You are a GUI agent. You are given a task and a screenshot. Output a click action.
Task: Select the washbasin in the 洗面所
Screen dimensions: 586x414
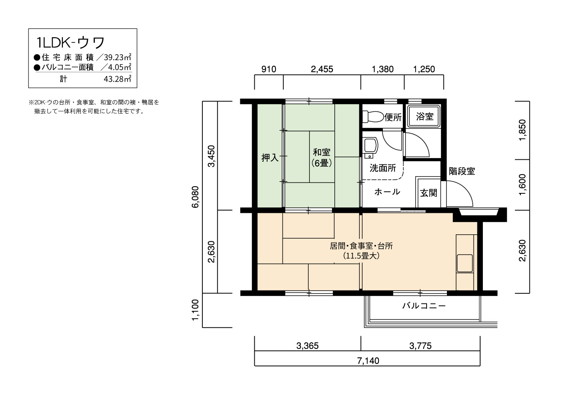pos(370,148)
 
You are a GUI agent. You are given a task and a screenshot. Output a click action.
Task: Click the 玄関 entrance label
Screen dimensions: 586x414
pos(429,193)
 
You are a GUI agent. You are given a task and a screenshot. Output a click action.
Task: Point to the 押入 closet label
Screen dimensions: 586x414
pos(270,158)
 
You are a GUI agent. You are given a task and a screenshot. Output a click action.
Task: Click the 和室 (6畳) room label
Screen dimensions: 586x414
pos(322,158)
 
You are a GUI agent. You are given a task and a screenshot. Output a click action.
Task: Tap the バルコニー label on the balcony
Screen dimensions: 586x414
pos(424,306)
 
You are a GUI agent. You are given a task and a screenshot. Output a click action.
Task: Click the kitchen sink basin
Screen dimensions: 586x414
pos(465,263)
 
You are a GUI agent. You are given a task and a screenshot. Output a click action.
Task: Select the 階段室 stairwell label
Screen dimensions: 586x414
pos(462,171)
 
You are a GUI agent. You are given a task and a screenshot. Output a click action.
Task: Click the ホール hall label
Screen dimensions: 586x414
pos(387,192)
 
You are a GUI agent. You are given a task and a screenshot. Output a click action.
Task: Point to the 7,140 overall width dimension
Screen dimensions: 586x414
pos(368,361)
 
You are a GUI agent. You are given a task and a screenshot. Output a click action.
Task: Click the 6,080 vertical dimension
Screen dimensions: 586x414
pos(196,197)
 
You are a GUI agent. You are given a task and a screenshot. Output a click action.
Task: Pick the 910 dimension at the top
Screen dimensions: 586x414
pos(269,69)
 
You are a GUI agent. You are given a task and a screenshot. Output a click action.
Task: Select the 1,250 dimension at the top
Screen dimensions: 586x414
pos(424,69)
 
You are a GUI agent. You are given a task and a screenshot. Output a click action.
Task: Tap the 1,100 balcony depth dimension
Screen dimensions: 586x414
pos(196,310)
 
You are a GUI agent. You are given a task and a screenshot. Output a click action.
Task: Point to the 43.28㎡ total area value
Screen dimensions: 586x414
pos(118,79)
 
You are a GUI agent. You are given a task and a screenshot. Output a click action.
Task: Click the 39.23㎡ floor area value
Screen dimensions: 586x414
pos(118,57)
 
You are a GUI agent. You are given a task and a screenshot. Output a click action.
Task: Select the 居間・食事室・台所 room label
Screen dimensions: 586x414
pos(361,246)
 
